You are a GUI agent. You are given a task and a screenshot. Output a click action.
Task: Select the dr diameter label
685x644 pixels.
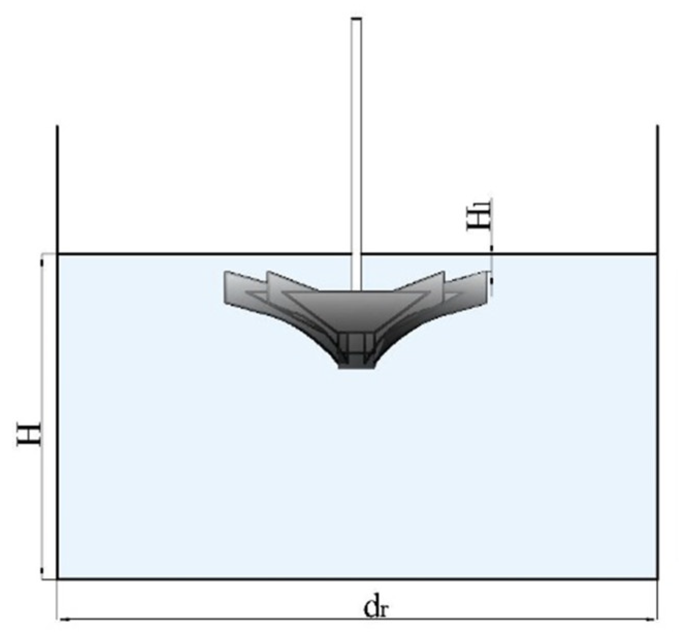[376, 608]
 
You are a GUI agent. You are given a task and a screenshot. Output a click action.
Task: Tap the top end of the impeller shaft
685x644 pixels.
[356, 20]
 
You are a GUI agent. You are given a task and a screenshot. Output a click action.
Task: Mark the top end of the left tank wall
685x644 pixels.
[57, 126]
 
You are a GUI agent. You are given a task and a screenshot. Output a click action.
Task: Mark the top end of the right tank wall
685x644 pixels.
[657, 126]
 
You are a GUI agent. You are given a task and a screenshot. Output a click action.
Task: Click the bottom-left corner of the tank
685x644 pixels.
[58, 579]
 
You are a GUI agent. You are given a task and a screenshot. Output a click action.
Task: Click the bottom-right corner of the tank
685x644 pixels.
[657, 579]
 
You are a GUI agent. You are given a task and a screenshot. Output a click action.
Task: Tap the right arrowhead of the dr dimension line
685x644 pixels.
[654, 619]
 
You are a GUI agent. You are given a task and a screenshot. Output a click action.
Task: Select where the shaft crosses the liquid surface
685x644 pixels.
[356, 254]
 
